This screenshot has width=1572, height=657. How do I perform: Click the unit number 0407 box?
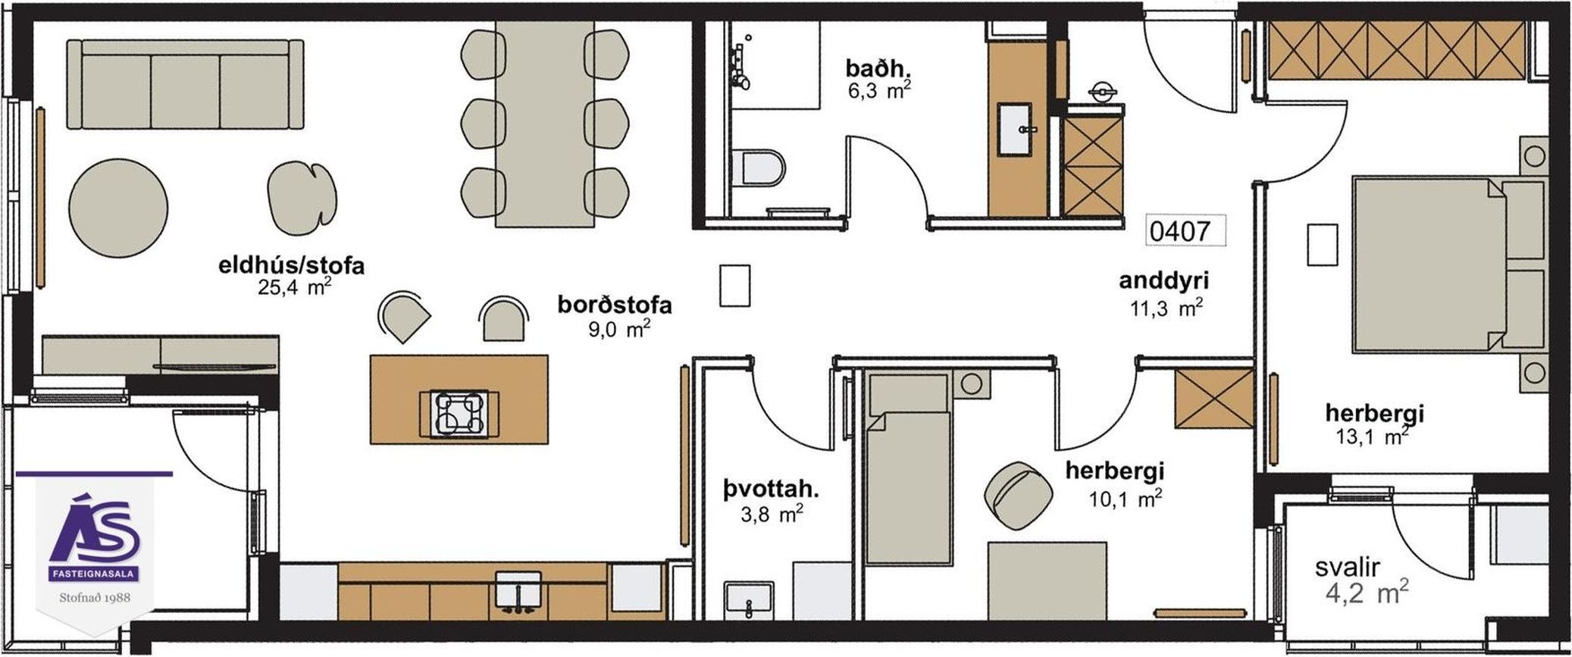(x=1185, y=230)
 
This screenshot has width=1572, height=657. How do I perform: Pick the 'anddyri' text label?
(x=1163, y=280)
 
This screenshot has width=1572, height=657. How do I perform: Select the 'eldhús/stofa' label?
(x=292, y=266)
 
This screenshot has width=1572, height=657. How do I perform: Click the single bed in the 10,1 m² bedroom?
(x=908, y=468)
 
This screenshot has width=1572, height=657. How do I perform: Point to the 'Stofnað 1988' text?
(x=95, y=597)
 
